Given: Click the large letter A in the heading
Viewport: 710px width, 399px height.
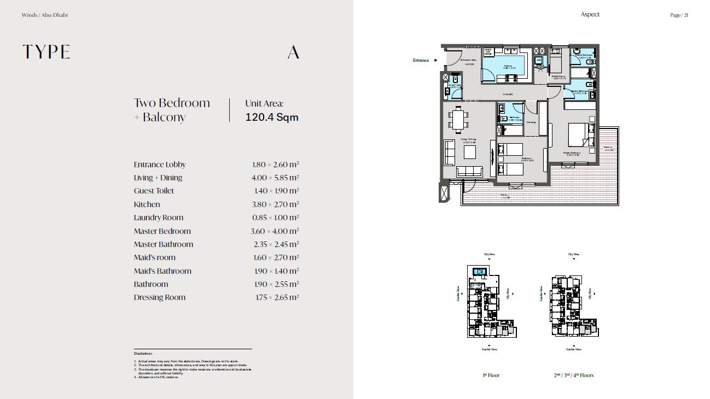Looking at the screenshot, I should (x=293, y=52).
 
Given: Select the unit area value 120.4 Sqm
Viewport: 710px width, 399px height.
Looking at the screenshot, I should (x=272, y=117).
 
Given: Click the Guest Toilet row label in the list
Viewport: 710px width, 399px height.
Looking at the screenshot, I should (x=154, y=191).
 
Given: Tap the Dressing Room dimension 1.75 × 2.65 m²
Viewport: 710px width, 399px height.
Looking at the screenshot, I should (x=277, y=297).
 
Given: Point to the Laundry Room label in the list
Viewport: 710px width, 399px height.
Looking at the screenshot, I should (x=159, y=218).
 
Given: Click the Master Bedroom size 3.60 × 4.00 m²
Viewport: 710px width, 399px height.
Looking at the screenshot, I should (x=275, y=231).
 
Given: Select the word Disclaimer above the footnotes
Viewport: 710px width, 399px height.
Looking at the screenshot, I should (x=143, y=354).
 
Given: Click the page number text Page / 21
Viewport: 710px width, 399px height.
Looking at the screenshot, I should (x=679, y=15).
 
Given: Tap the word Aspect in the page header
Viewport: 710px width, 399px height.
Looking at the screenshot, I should (x=590, y=15).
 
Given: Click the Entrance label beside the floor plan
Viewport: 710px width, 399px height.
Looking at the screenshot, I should (x=421, y=61).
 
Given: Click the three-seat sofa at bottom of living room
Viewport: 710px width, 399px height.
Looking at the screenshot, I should (x=469, y=171).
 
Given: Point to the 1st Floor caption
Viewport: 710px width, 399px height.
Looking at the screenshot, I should (x=491, y=375).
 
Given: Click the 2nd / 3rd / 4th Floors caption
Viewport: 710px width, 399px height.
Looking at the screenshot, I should (x=573, y=375).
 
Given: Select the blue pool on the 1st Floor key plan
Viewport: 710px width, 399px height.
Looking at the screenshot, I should (x=479, y=272).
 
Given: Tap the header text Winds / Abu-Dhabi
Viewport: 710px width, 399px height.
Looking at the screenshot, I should (x=45, y=15).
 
